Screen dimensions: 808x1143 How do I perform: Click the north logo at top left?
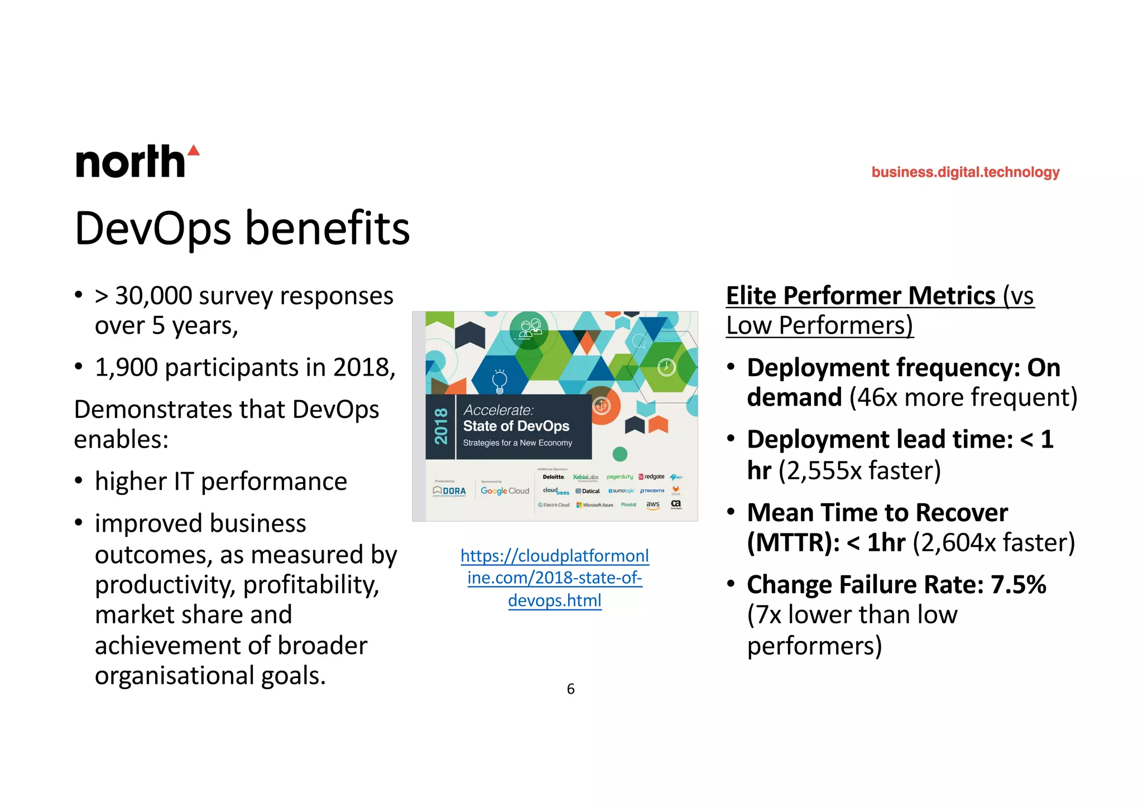coord(130,162)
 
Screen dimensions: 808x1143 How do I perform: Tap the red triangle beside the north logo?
coord(193,150)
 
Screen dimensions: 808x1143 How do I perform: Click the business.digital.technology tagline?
coord(965,172)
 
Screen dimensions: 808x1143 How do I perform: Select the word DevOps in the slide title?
coord(153,229)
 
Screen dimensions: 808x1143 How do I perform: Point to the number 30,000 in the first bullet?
coord(153,296)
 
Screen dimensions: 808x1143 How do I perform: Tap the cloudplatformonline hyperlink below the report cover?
coord(554,578)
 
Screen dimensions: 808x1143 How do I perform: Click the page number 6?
coord(570,689)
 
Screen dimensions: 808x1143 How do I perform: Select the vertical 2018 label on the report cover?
coord(441,426)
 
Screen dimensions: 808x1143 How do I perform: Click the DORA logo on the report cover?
coord(450,491)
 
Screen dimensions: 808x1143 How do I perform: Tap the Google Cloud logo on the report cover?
coord(505,491)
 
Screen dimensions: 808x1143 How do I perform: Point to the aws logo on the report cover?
coord(652,504)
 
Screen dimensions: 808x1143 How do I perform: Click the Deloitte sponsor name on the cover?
coord(554,477)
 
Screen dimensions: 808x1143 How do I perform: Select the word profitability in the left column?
coord(311,585)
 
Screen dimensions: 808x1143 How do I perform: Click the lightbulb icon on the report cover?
coord(500,381)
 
